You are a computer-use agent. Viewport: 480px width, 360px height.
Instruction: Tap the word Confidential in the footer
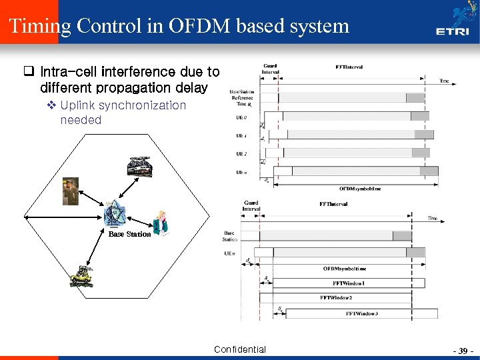[240, 349]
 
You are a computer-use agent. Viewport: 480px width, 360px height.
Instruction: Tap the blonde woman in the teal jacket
[161, 223]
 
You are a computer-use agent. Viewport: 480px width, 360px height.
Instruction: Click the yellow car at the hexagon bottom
[81, 275]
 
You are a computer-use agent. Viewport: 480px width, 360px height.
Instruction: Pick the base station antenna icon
[116, 213]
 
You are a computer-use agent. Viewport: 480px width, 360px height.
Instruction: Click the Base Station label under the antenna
[129, 235]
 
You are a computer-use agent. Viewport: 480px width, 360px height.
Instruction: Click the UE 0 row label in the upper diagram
[241, 117]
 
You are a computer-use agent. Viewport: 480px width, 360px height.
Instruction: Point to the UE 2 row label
[241, 154]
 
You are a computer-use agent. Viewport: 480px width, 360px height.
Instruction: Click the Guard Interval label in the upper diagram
[270, 69]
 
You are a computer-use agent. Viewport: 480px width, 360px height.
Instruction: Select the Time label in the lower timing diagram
[433, 218]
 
